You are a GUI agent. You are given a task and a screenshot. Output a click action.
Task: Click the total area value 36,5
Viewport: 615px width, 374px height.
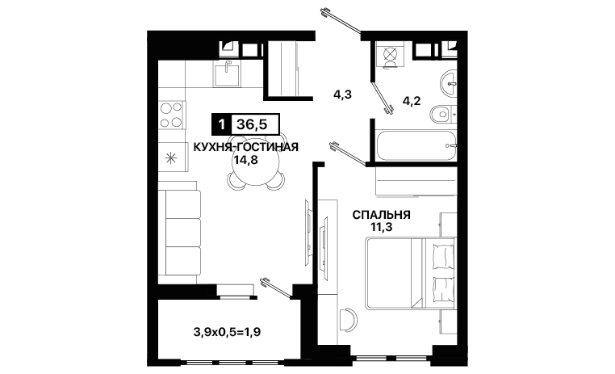(252, 124)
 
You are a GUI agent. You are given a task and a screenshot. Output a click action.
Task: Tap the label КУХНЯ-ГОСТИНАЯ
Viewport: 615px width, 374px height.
(246, 147)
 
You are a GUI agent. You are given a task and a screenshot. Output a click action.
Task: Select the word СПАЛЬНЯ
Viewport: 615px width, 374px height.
(381, 215)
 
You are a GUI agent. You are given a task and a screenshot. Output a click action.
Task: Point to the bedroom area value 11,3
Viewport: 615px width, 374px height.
(381, 227)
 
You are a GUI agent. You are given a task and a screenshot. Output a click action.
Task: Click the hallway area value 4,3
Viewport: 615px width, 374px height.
(342, 95)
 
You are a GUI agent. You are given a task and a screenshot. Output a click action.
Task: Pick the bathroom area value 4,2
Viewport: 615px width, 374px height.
(412, 101)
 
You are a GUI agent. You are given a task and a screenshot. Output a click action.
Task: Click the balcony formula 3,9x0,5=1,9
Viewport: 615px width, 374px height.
(227, 333)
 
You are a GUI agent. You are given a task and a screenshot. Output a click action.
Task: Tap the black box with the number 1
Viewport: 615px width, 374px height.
(222, 124)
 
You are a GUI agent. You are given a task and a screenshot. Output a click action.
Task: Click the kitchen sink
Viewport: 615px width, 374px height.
(227, 74)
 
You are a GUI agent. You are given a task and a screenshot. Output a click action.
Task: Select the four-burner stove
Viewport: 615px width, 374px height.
(171, 115)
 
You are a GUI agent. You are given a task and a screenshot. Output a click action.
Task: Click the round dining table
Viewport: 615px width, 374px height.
(256, 163)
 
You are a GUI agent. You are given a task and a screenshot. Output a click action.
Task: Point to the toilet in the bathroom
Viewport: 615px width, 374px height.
(443, 115)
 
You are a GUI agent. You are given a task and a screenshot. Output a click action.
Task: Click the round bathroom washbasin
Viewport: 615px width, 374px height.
(448, 83)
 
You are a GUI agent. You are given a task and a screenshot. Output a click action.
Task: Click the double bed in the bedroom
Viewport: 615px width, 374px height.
(411, 273)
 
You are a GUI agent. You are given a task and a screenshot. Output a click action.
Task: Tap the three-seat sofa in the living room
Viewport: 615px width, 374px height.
(180, 232)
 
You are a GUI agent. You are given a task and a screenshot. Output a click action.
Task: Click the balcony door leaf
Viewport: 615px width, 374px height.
(276, 288)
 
